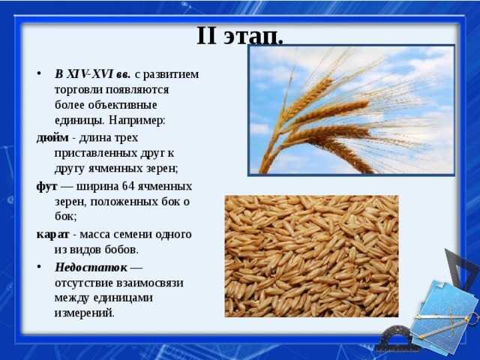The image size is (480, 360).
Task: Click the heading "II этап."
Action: [x=240, y=36]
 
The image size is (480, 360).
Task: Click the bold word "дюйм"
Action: [x=52, y=138]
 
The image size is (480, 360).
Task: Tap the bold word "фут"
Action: [x=46, y=187]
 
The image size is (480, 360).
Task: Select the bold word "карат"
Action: [x=53, y=235]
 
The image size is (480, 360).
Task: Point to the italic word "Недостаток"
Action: [x=91, y=267]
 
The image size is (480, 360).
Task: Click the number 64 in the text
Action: [x=128, y=186]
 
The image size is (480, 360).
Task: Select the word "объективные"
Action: [x=122, y=105]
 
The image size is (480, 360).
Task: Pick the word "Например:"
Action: [x=136, y=120]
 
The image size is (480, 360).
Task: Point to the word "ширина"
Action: [x=97, y=187]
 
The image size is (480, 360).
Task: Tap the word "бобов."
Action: [x=121, y=250]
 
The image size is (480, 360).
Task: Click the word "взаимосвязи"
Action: [x=150, y=283]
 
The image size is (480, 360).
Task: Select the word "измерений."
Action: [x=85, y=313]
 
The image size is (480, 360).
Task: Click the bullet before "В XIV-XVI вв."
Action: [x=39, y=74]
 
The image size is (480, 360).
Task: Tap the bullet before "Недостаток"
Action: [x=39, y=267]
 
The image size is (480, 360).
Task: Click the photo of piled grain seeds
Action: [x=312, y=256]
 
